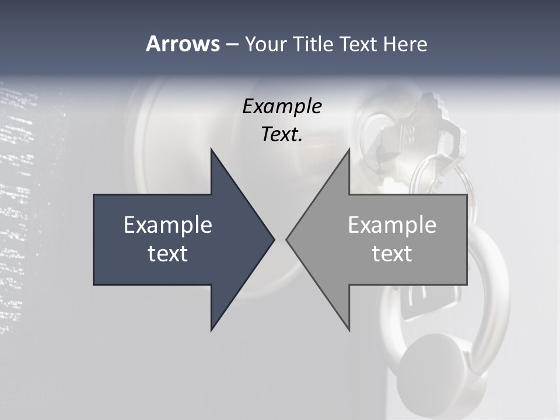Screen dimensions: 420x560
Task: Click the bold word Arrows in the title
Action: point(183,44)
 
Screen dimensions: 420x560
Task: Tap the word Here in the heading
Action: point(405,44)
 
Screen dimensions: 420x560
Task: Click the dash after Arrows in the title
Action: point(232,44)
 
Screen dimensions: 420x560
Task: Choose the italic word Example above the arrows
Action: point(282,107)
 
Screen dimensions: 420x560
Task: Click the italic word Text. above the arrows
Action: point(282,135)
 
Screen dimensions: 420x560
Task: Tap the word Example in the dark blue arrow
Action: point(168,225)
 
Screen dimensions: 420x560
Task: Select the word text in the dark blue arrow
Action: point(168,254)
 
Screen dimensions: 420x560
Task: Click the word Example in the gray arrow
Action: point(392,225)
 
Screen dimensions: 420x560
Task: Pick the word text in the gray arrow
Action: point(392,254)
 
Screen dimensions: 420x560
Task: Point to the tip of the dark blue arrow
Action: point(273,239)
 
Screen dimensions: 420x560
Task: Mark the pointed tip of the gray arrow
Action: point(288,239)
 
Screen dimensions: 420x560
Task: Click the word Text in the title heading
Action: point(358,44)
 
